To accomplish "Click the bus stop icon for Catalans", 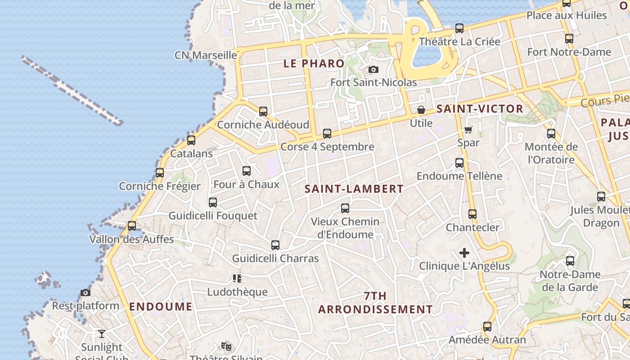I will coord(191,140).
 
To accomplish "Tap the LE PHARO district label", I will coord(314,63).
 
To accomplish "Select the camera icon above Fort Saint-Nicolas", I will coord(373,69).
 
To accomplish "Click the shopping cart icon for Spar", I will coord(468,130).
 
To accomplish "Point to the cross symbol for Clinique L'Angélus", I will coord(464,253).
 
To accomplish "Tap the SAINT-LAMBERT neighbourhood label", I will coord(354,189).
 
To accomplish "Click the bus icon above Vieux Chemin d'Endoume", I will coord(345,208).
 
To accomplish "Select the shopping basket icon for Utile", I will coord(421,110).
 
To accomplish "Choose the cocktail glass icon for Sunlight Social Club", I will coord(102,333).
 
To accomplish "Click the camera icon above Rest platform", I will coord(85,292).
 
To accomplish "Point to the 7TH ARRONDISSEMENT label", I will coord(375,303).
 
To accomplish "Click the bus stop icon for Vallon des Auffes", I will coord(132,225).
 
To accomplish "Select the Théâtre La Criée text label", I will coord(459,41).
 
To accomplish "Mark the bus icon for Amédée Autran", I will coord(487,327).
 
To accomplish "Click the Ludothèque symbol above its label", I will coord(237,279).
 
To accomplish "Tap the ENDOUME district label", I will coord(161,306).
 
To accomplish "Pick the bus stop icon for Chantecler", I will coord(472,214).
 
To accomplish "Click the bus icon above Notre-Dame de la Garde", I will coord(570,261).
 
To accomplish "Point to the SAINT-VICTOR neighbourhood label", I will coord(480,108).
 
